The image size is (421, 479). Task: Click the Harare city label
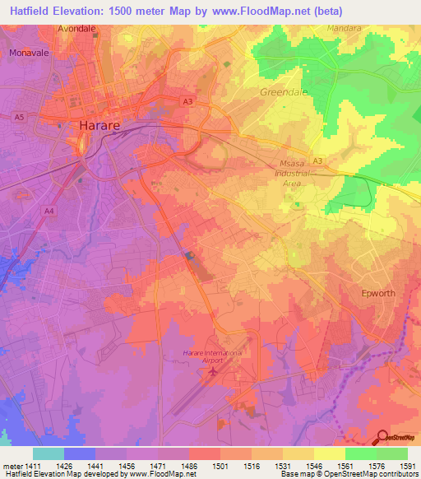(x=102, y=126)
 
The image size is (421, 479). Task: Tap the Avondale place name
(x=76, y=27)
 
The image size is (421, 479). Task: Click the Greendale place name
(x=283, y=92)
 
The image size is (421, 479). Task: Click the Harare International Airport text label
(x=212, y=356)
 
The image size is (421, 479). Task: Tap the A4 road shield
(x=49, y=211)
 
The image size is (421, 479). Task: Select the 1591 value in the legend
(x=408, y=467)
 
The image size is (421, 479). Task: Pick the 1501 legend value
(x=220, y=467)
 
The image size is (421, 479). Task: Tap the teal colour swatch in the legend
(x=48, y=453)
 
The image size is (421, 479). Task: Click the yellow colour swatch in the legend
(x=329, y=453)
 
